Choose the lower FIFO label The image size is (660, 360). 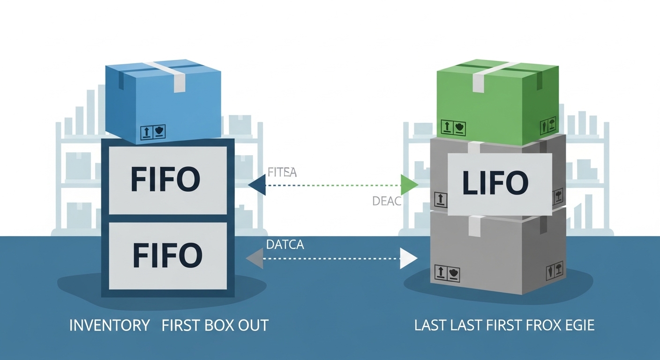pyautogui.click(x=167, y=255)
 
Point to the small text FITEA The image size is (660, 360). pyautogui.click(x=282, y=172)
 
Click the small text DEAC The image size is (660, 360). pyautogui.click(x=387, y=202)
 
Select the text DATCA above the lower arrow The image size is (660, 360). pyautogui.click(x=285, y=244)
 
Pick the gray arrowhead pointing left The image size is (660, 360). pyautogui.click(x=255, y=258)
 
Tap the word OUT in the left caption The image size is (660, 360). pyautogui.click(x=253, y=325)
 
